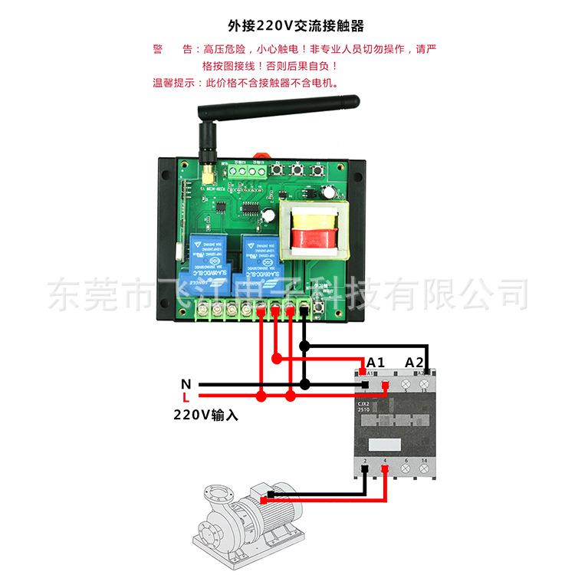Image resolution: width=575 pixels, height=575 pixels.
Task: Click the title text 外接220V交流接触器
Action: point(288,24)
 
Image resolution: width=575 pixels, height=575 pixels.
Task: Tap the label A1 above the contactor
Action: point(375,361)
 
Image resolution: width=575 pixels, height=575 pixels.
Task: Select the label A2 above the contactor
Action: point(414,361)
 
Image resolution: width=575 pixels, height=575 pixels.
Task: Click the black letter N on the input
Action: point(185,383)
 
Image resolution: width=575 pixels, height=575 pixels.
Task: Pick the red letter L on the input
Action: point(185,396)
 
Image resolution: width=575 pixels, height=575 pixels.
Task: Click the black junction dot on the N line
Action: point(304,383)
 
